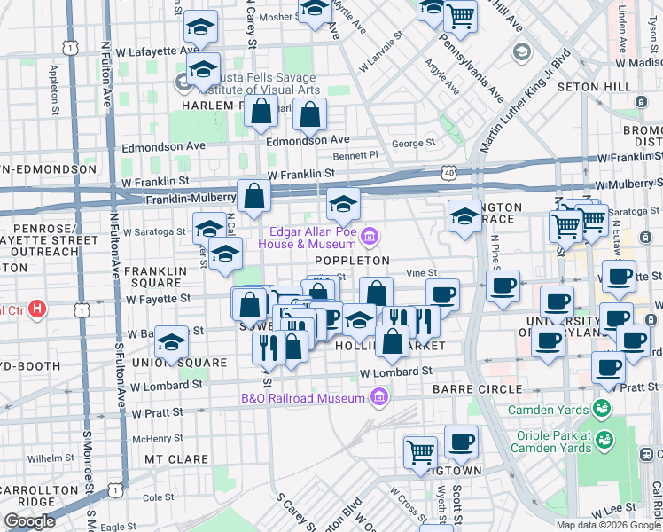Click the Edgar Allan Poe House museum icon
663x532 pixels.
tap(370, 236)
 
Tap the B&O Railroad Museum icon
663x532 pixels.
tap(380, 396)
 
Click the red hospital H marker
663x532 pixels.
tap(37, 309)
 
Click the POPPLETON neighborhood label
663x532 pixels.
tap(352, 261)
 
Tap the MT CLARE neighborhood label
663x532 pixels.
tap(176, 459)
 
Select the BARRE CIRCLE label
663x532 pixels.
tap(477, 389)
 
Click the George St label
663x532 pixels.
tap(412, 143)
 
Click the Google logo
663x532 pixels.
tap(30, 520)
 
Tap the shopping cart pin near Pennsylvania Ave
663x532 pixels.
tap(460, 14)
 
